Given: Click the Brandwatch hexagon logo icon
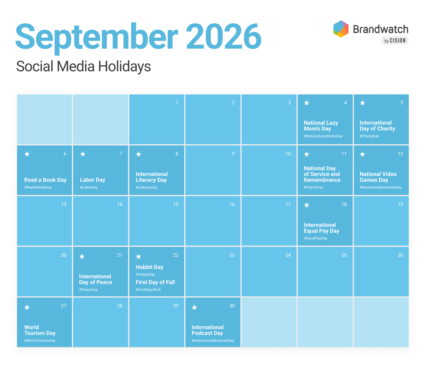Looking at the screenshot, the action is click(x=341, y=29).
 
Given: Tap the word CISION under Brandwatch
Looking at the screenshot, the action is click(x=398, y=40).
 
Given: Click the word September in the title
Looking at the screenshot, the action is click(x=97, y=37).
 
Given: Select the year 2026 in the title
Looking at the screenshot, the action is click(x=223, y=36).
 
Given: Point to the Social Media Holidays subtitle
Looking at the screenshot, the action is click(x=83, y=66).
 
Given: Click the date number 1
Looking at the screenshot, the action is click(x=176, y=102).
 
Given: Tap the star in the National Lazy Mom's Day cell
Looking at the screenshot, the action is click(x=307, y=103).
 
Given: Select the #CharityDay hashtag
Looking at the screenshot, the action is click(x=369, y=136).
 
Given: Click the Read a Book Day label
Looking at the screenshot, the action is click(x=45, y=180).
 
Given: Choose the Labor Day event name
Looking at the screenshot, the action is click(x=92, y=180).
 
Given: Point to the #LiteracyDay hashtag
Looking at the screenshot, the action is click(x=146, y=187).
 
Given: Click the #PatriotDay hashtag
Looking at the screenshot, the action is click(x=314, y=187).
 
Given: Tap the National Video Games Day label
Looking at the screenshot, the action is click(x=378, y=177).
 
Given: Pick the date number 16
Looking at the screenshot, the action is click(x=232, y=204).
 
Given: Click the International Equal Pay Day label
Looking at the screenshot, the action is click(x=322, y=228).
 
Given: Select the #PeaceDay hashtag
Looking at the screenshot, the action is click(x=88, y=290).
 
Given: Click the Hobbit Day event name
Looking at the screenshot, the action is click(x=149, y=267).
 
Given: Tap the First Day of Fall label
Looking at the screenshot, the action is click(x=155, y=282).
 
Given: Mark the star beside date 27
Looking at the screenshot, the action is click(x=27, y=307).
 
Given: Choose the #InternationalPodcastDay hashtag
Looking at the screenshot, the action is click(x=213, y=341).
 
